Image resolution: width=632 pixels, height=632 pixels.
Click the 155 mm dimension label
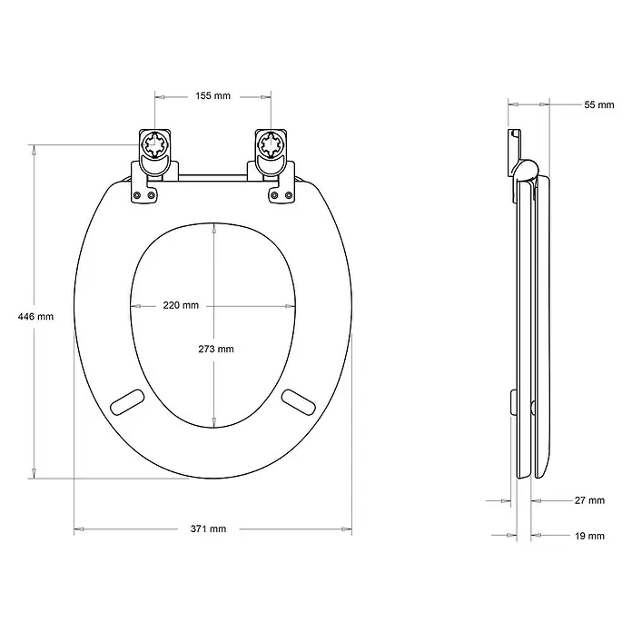(x=212, y=96)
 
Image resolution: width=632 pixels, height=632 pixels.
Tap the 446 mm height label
(x=35, y=316)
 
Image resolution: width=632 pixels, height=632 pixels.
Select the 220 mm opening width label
(x=181, y=305)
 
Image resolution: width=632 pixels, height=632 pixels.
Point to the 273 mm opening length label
(x=216, y=349)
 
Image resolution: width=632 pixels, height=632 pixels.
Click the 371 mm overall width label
(x=208, y=528)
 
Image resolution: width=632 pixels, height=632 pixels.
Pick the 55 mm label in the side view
(x=599, y=104)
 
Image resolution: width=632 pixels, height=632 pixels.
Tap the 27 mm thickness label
(x=589, y=500)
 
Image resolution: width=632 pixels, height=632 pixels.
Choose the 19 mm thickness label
(x=589, y=536)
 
